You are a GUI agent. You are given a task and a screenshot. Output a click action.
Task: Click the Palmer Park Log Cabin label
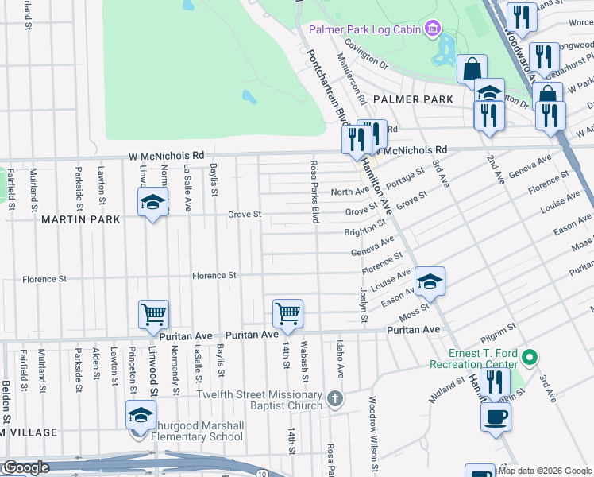tap(364, 30)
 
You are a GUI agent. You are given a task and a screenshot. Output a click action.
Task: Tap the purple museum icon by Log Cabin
tap(432, 30)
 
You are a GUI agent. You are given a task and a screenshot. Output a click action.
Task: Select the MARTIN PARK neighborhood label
tap(81, 219)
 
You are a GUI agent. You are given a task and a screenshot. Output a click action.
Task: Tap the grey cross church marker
tap(336, 398)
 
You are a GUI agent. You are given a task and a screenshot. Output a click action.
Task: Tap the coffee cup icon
tap(496, 417)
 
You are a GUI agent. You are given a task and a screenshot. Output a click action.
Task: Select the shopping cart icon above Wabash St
tap(287, 313)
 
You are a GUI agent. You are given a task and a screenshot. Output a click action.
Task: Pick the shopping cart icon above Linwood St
tap(152, 313)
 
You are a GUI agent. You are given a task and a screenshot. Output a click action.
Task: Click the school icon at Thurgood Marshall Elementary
tap(141, 416)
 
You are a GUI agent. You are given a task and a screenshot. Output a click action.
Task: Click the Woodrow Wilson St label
tap(372, 432)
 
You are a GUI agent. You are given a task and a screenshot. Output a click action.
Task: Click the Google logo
tap(25, 468)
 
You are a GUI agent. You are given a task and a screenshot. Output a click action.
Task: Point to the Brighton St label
tap(364, 232)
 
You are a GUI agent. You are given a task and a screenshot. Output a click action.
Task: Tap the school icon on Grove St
tap(152, 203)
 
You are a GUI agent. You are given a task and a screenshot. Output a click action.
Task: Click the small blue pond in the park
tap(249, 97)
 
